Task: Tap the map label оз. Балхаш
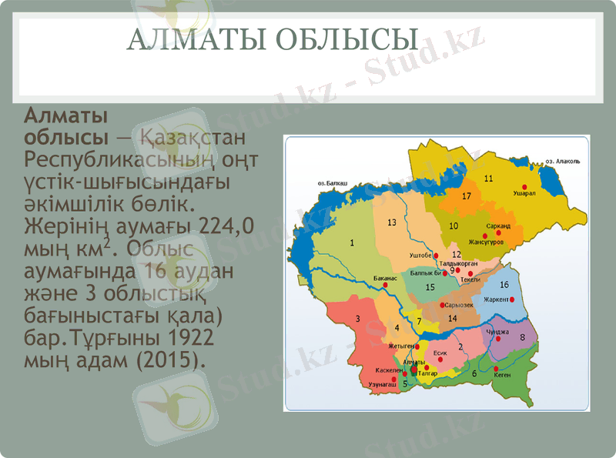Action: [333, 185]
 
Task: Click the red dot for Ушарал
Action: [526, 186]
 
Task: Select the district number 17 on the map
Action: [466, 196]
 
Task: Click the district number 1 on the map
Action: [352, 243]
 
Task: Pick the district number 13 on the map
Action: [392, 222]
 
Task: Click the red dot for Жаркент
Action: [512, 300]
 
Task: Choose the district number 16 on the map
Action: [504, 285]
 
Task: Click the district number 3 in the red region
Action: [357, 319]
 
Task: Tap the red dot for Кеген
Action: [495, 369]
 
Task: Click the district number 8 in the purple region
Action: [523, 337]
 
